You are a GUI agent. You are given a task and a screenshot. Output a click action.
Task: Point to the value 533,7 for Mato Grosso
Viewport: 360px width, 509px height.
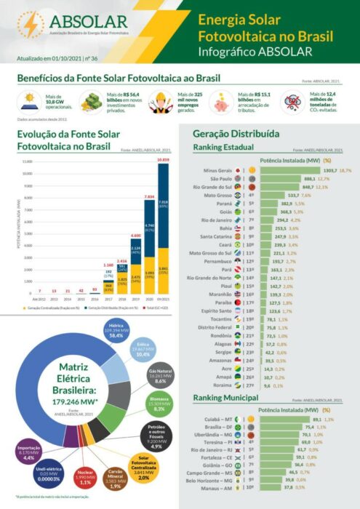pos(289,196)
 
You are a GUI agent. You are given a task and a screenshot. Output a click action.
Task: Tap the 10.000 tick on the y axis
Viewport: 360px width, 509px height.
pos(28,174)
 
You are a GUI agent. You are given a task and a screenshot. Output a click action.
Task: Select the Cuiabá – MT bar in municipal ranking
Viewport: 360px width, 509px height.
pos(291,420)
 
